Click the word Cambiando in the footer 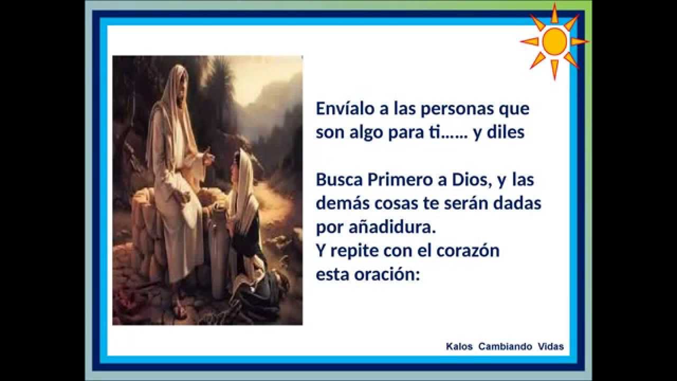[505, 347]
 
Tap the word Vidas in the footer [551, 347]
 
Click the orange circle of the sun [554, 41]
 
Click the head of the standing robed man [176, 85]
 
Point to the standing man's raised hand [207, 157]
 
